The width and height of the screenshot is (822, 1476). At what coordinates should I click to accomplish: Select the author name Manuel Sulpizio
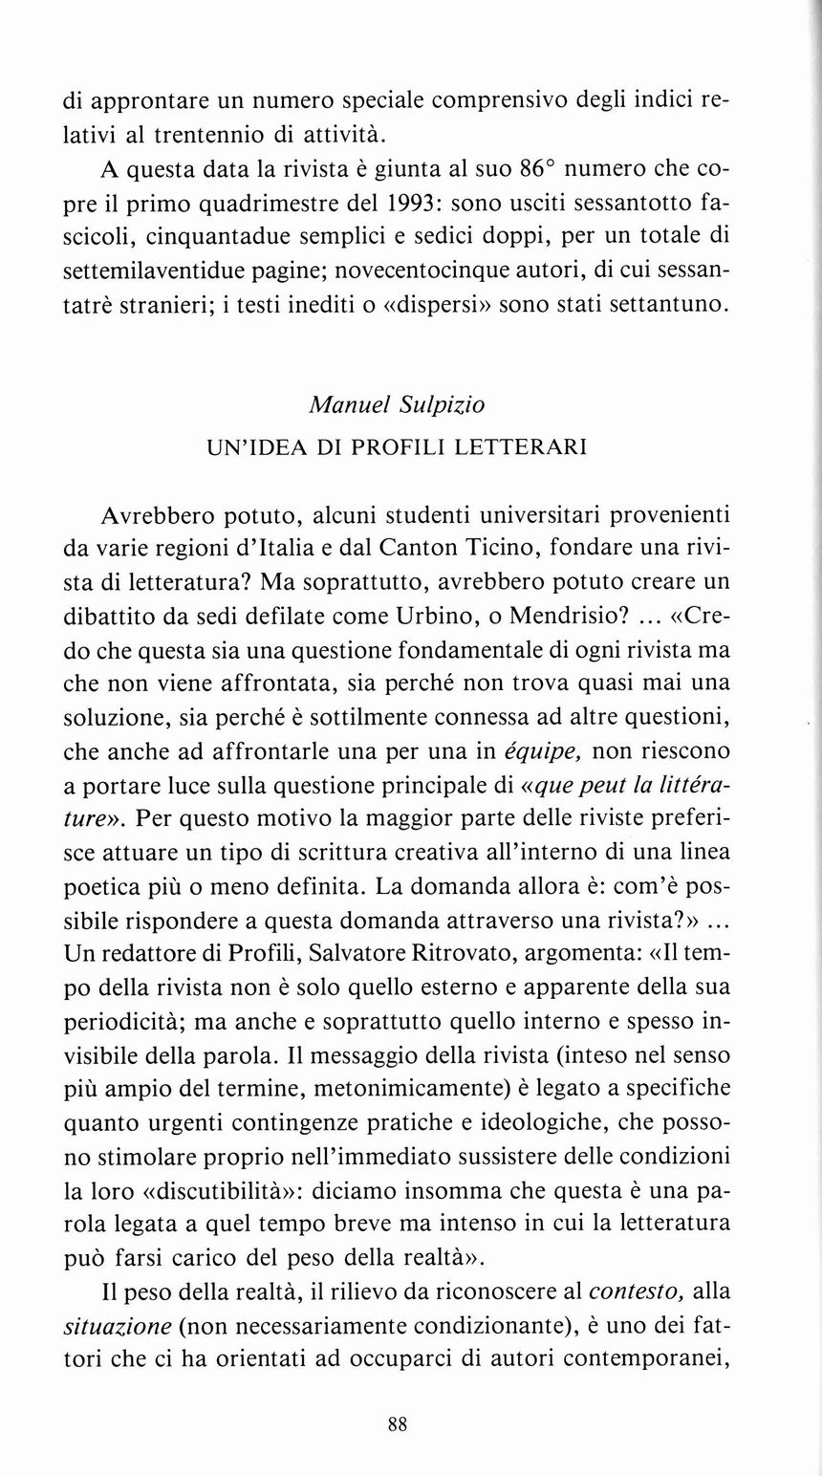coord(398,405)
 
